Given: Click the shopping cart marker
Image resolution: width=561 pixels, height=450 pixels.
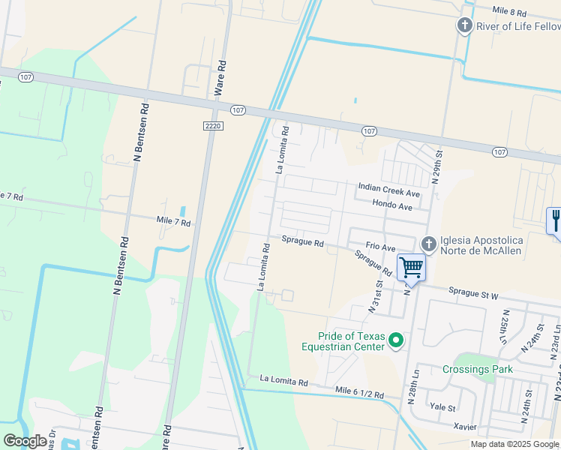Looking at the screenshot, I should click(411, 267).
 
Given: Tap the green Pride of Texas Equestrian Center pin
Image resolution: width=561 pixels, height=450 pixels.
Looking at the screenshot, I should click(397, 341).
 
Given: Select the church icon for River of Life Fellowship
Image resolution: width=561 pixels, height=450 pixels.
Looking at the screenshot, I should click(464, 26).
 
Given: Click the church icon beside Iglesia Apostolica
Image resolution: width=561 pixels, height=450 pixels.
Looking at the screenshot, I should click(428, 244).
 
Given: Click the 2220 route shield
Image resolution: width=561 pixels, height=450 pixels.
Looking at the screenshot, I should click(213, 127).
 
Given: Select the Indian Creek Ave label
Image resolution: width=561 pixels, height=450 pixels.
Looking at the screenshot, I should click(388, 187).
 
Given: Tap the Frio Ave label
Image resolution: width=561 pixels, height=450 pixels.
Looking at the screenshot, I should click(380, 247).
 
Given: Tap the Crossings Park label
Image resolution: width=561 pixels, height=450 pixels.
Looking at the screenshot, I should click(477, 369).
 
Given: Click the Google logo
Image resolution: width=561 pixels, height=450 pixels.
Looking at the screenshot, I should click(25, 441).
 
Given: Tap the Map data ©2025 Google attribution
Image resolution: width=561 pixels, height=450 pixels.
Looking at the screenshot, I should click(514, 444).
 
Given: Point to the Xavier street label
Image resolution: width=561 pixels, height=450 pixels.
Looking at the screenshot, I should click(465, 426).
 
